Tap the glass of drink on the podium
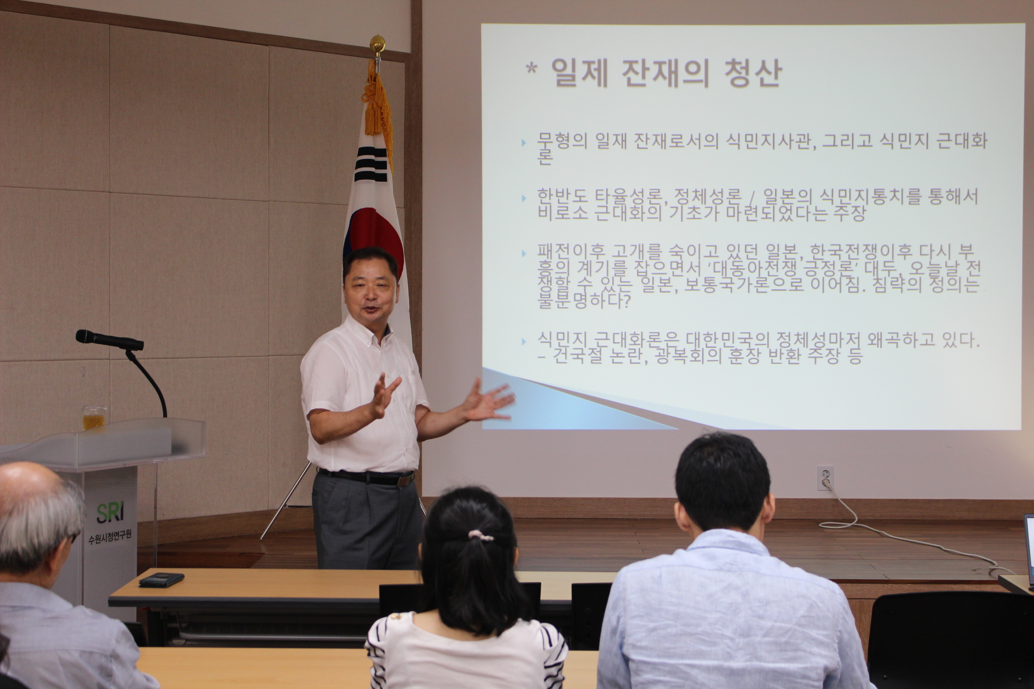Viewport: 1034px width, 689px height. click(94, 417)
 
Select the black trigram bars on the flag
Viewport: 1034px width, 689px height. click(372, 164)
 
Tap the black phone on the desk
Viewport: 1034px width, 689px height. click(161, 580)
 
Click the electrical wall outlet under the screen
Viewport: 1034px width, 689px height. click(826, 478)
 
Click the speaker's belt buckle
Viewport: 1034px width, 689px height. click(404, 479)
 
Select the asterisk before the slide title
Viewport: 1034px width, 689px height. click(531, 69)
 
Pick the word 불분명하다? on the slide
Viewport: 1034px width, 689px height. click(583, 301)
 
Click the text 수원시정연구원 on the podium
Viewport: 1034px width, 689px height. click(110, 537)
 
